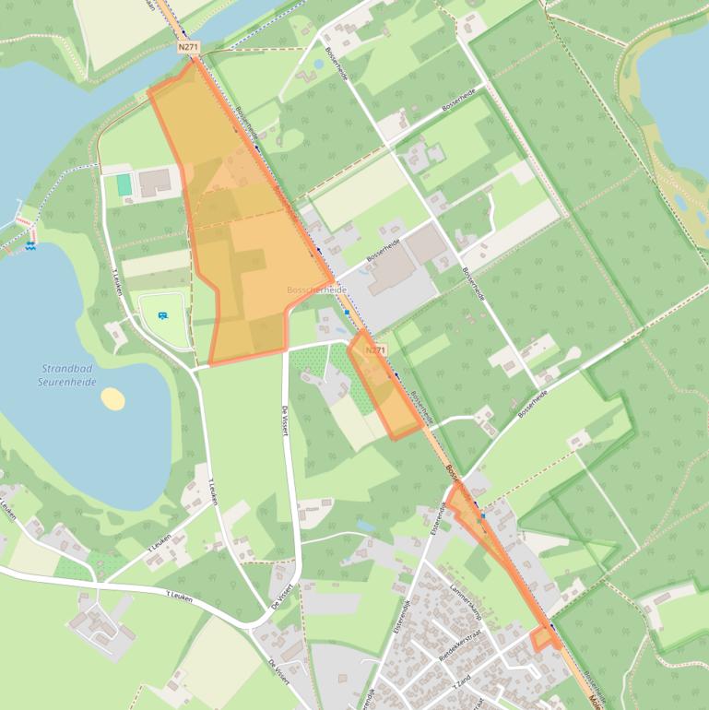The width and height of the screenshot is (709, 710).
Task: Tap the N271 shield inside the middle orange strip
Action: [x=374, y=350]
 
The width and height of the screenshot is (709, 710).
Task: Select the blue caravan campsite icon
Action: [x=164, y=315]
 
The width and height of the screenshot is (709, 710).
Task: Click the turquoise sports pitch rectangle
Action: [x=124, y=184]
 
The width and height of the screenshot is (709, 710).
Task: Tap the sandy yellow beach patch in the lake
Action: [x=112, y=398]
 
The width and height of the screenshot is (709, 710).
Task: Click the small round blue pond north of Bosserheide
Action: [x=318, y=65]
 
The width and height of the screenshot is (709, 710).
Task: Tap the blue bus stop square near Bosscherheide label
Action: [x=347, y=312]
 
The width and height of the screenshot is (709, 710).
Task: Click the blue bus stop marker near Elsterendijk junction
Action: [x=480, y=516]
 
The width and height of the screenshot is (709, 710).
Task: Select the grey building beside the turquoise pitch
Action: [x=154, y=182]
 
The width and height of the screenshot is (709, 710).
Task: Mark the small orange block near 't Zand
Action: [x=544, y=638]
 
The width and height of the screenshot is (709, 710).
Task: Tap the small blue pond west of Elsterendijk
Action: [x=366, y=525]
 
